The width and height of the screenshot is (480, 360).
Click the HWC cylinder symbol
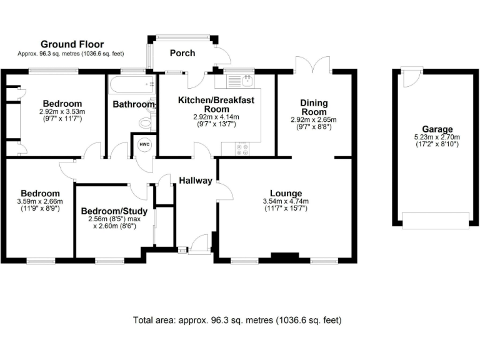[143, 143]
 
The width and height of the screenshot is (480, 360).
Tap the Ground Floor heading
[72, 44]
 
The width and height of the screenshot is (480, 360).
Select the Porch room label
[182, 53]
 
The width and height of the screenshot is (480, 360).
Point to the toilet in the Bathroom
[147, 121]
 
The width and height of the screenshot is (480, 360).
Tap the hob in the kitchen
[241, 148]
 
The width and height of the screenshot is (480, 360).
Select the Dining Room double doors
[314, 64]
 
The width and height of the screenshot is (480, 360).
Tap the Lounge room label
[286, 193]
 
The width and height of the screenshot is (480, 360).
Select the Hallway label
[196, 181]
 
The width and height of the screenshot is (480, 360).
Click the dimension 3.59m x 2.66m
[40, 202]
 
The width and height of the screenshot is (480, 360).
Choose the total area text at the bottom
[237, 320]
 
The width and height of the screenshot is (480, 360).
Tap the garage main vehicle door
[435, 220]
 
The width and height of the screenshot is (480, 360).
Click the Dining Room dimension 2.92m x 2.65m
[314, 119]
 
